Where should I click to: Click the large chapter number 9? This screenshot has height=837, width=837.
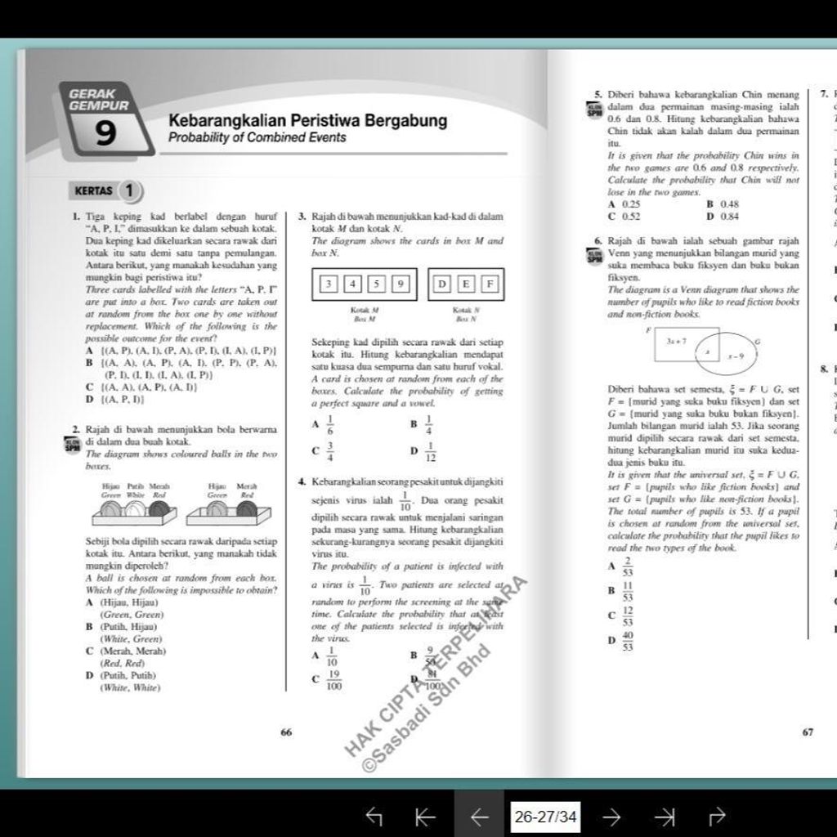tap(106, 134)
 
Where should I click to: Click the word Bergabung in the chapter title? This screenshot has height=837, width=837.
tap(405, 121)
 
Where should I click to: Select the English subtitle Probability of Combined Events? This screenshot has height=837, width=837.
tap(257, 137)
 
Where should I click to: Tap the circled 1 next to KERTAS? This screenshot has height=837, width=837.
tap(129, 190)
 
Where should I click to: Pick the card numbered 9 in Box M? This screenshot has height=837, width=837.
tap(400, 284)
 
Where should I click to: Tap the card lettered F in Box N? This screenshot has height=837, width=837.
tap(489, 284)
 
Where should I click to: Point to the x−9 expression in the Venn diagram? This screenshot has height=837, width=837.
tap(736, 356)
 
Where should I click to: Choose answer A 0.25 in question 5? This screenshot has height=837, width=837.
tap(624, 204)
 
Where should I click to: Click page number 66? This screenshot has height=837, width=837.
tap(286, 732)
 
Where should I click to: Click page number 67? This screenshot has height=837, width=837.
tap(808, 732)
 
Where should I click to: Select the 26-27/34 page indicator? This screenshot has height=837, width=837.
tap(545, 816)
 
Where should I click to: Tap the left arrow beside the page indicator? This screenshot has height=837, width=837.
tap(480, 816)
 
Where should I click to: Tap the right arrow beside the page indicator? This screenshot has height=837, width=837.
tap(611, 816)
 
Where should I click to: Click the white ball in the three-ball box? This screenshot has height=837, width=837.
tap(135, 509)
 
